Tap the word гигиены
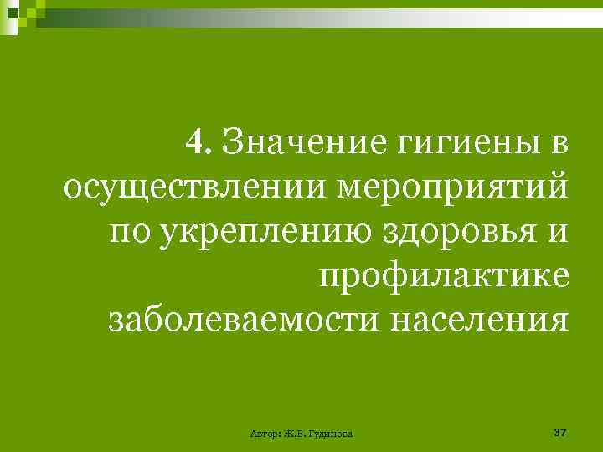pyautogui.click(x=473, y=141)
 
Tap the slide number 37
pyautogui.click(x=560, y=432)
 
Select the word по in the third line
pyautogui.click(x=127, y=229)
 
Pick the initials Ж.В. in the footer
pyautogui.click(x=295, y=434)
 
